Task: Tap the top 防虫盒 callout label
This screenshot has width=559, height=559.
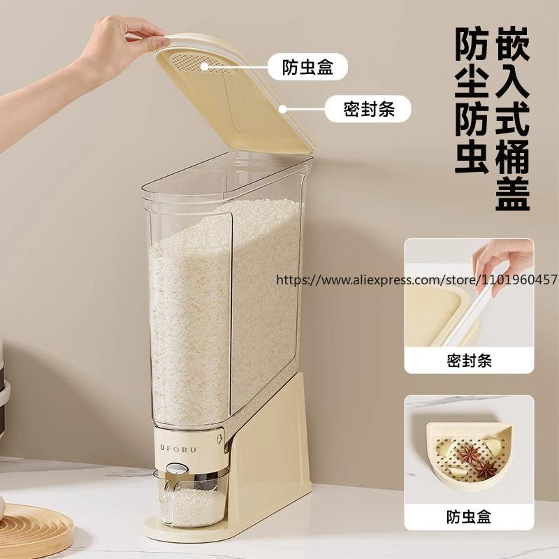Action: [x=307, y=68]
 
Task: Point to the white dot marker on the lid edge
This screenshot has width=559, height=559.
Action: [x=283, y=109]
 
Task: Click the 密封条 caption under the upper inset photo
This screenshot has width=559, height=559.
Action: [x=469, y=361]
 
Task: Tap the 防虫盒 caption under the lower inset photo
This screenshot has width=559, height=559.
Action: [x=469, y=517]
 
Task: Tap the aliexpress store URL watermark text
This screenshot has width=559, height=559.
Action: [x=417, y=279]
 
